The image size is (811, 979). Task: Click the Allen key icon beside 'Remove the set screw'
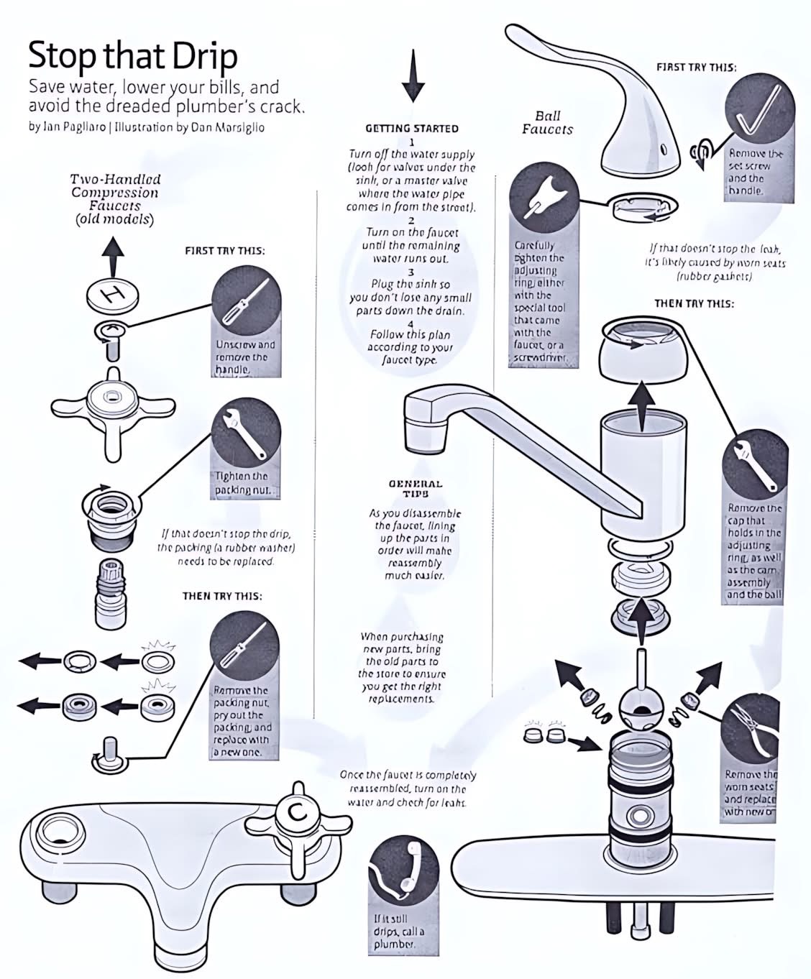758,108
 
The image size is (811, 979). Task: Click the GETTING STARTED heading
412,129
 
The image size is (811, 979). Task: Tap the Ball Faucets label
547,123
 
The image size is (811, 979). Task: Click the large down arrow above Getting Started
413,75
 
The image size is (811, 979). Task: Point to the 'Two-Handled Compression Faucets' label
115,199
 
